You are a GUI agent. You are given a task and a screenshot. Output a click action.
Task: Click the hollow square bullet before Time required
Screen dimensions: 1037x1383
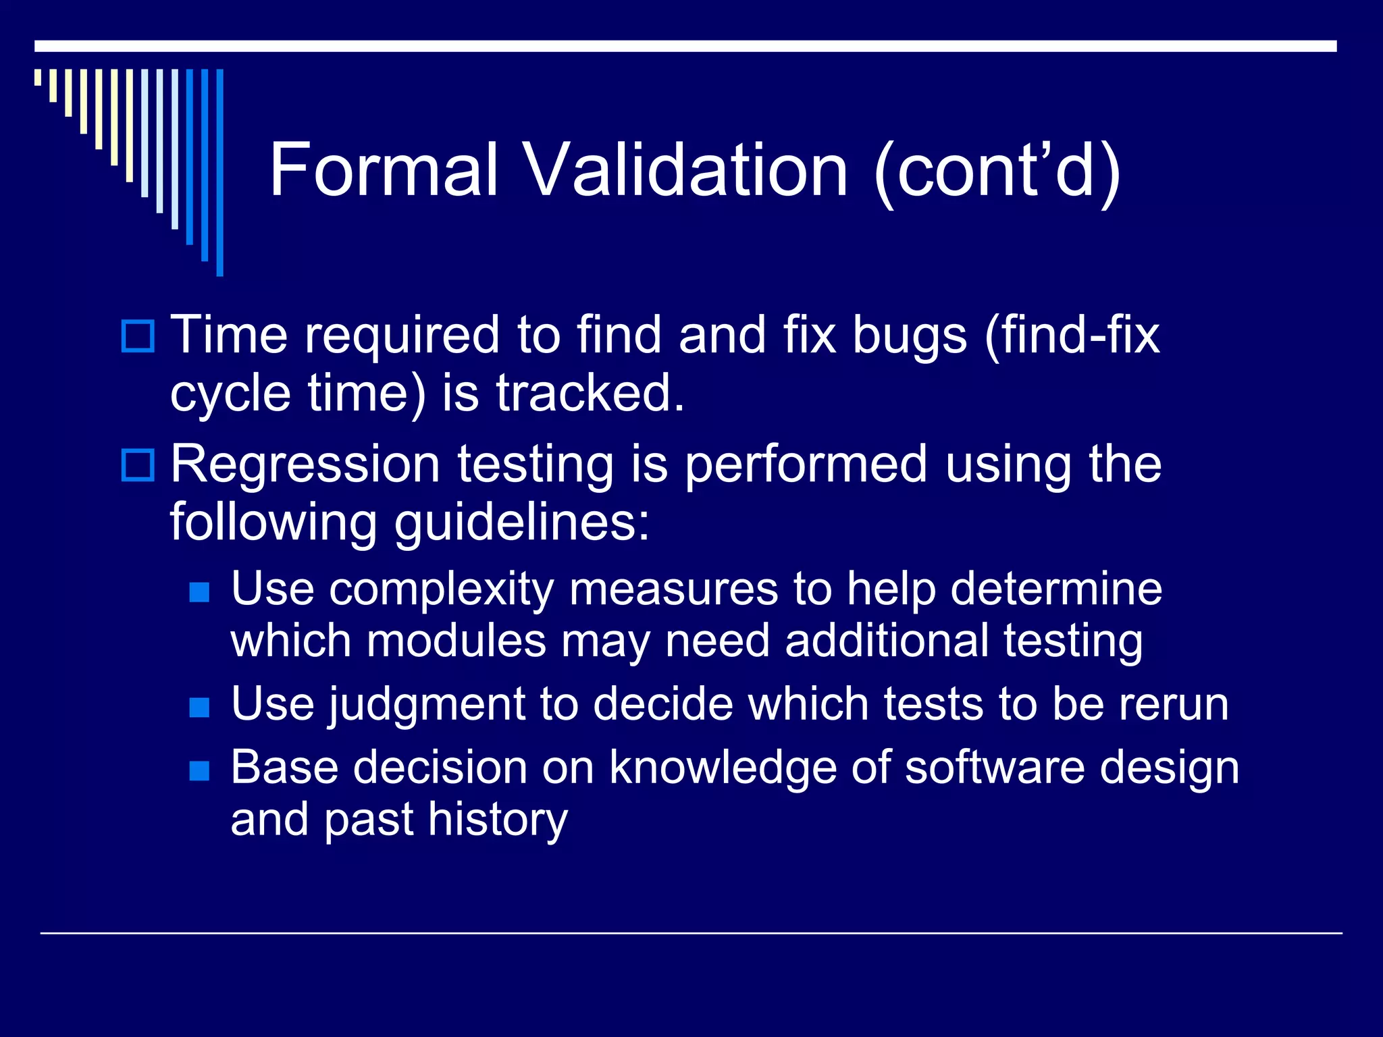point(138,336)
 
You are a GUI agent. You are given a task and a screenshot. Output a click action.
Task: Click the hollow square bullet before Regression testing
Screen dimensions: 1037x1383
point(138,465)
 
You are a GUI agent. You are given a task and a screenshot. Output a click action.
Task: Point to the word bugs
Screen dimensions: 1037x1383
point(910,336)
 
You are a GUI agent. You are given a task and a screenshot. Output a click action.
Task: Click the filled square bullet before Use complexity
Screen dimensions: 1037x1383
point(199,593)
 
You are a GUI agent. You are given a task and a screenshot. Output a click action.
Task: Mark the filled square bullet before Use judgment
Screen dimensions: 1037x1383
point(199,708)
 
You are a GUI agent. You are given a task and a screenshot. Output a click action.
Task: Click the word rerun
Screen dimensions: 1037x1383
point(1173,705)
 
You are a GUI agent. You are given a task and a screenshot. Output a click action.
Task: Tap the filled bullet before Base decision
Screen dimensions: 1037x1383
point(199,770)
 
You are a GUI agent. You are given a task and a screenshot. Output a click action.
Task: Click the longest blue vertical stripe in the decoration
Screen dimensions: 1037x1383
point(219,172)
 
